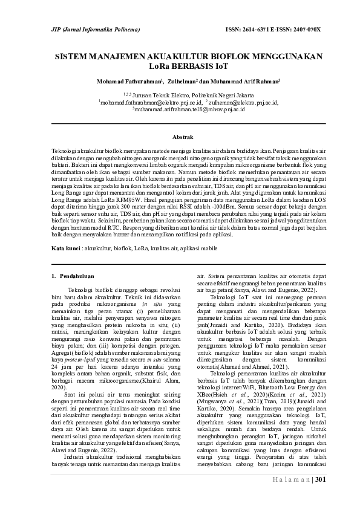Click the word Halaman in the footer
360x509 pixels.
[x=291, y=480]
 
